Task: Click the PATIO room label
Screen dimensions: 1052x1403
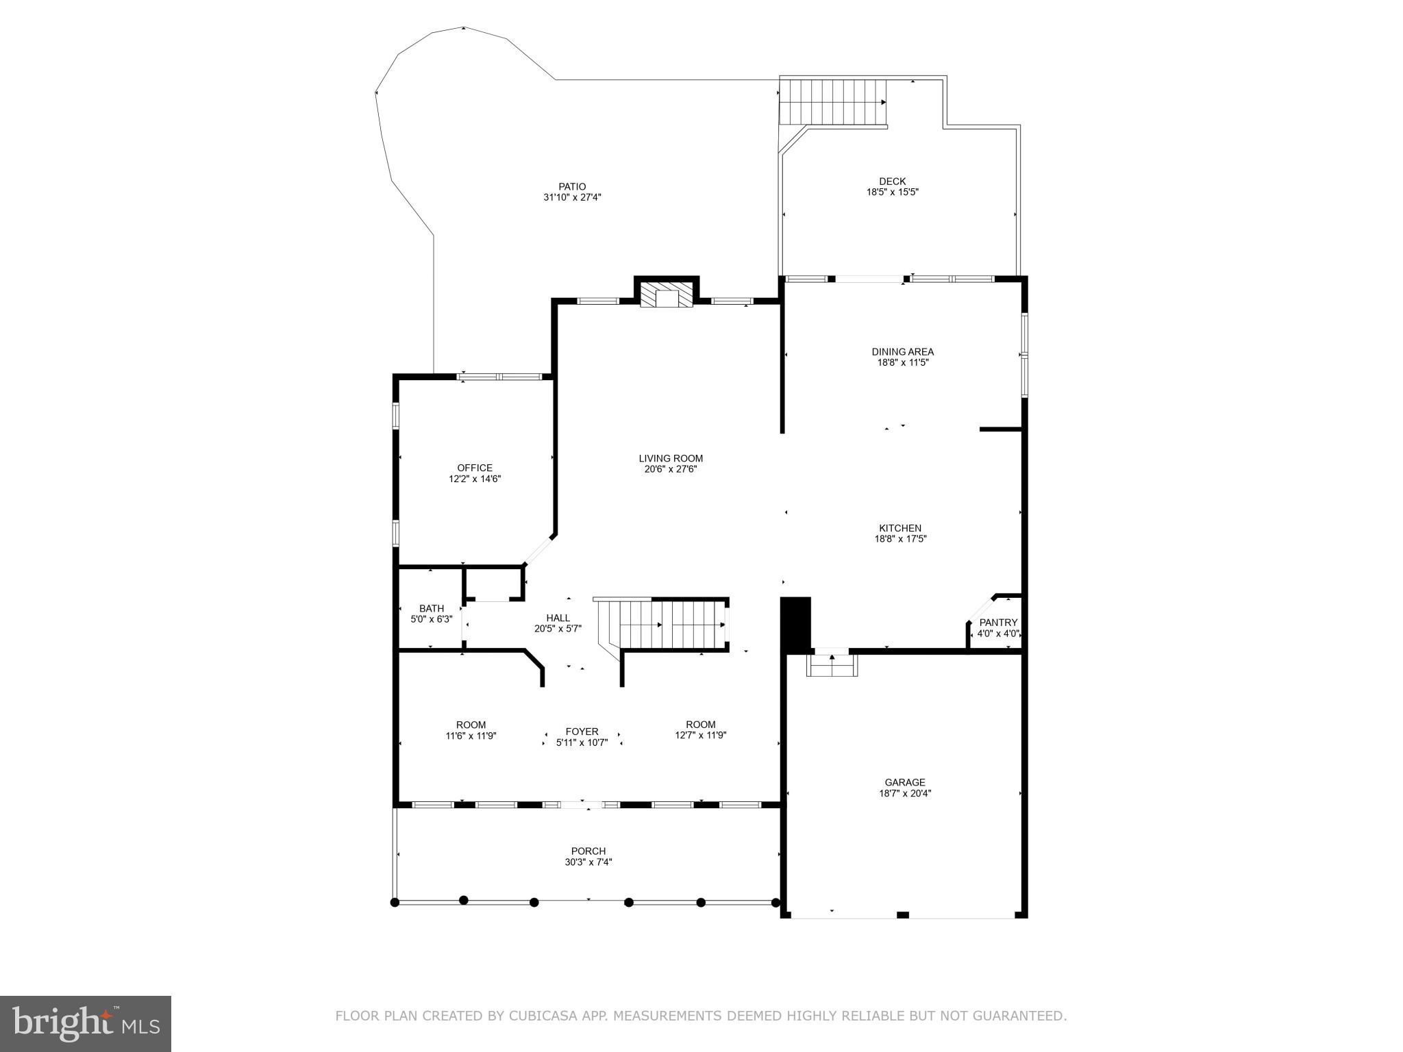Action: tap(572, 186)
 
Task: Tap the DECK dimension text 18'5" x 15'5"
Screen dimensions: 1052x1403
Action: tap(892, 192)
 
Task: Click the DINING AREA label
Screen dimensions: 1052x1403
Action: tap(902, 352)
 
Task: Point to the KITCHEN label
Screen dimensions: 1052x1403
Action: tap(900, 528)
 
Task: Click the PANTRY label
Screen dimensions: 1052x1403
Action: tap(998, 623)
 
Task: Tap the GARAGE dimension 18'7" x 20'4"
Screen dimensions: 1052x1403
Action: tap(905, 794)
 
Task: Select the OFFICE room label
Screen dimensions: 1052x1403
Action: tap(475, 468)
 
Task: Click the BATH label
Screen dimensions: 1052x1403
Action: tap(432, 608)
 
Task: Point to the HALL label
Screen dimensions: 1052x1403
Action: tap(558, 618)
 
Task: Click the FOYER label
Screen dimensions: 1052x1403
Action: tap(582, 731)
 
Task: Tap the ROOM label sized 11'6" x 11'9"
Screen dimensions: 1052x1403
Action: tap(471, 725)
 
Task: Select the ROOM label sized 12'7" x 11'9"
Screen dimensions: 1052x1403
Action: tap(700, 725)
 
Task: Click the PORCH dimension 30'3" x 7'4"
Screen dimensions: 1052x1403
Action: tap(588, 862)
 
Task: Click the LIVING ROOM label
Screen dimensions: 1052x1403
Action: tap(671, 458)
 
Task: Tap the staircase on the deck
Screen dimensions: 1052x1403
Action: tap(833, 101)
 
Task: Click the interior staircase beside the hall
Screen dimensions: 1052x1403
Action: tap(671, 624)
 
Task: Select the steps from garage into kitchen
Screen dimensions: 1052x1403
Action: tap(832, 665)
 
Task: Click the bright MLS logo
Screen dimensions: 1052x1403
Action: tap(86, 1024)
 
